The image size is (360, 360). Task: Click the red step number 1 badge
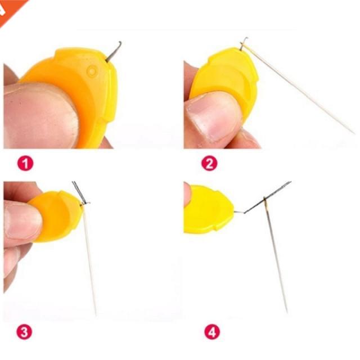click(x=25, y=164)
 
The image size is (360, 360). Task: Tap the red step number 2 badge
click(x=209, y=164)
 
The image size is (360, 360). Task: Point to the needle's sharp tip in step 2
click(x=353, y=133)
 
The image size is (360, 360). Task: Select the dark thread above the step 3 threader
click(x=78, y=191)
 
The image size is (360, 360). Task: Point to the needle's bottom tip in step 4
click(x=286, y=311)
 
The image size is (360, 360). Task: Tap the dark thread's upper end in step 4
click(x=289, y=183)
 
